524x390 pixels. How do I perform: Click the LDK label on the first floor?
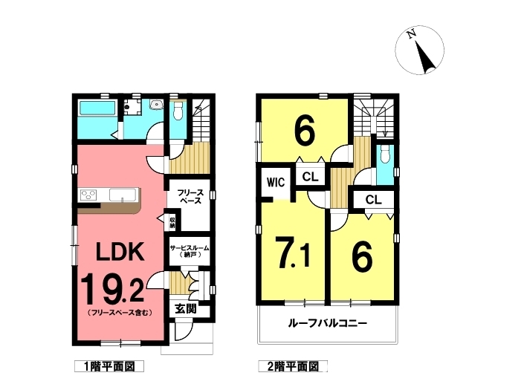(120, 251)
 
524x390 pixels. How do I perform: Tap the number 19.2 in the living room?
(113, 289)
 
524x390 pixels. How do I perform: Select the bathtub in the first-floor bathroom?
(97, 108)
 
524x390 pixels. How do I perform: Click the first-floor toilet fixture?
(178, 111)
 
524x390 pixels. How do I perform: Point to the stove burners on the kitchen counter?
(88, 195)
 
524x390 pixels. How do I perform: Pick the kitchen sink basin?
(123, 195)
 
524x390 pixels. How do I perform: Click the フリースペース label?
(190, 197)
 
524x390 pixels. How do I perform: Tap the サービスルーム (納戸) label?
(190, 251)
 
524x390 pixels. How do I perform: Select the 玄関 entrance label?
(186, 309)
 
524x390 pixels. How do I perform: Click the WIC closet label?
(276, 182)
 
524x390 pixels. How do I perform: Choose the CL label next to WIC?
(310, 177)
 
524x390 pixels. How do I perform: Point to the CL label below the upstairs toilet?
(373, 200)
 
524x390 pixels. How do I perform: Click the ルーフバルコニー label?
(328, 323)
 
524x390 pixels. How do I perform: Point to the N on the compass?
(411, 33)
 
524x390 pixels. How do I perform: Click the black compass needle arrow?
(425, 57)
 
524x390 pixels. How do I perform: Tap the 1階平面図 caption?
(109, 367)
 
